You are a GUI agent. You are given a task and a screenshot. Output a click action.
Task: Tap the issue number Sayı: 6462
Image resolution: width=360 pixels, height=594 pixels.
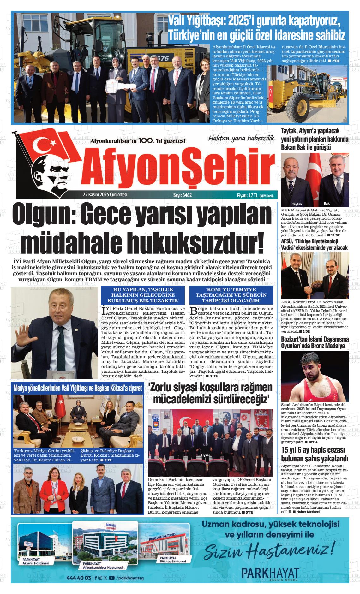[x=182, y=195]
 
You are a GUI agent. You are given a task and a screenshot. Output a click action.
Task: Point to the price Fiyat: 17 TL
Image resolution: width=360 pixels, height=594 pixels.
[x=248, y=196]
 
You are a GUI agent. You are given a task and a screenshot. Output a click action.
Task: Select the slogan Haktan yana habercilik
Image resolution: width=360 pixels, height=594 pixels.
[x=241, y=138]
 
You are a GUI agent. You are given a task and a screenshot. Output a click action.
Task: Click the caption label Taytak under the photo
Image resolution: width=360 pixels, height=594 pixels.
[x=297, y=204]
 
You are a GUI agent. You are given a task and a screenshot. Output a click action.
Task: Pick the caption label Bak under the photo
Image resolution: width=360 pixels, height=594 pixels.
[x=327, y=203]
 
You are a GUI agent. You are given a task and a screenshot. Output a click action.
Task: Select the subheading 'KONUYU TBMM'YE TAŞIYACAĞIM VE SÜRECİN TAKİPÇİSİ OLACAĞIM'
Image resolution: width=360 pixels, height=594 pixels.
[x=232, y=295]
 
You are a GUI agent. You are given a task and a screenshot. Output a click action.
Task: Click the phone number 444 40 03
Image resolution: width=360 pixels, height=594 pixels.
[x=79, y=578]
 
